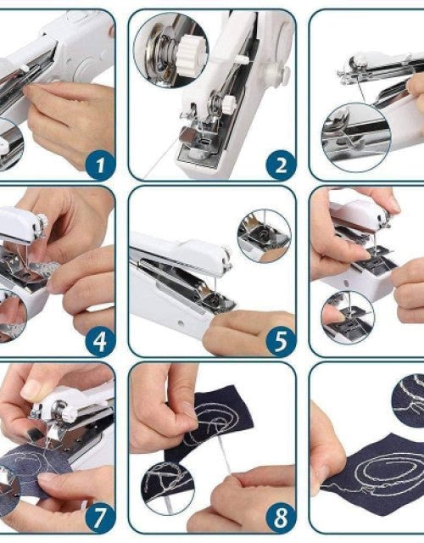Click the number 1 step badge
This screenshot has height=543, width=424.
click(x=99, y=163)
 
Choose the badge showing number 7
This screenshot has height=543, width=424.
click(x=99, y=517)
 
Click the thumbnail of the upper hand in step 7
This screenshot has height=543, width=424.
click(x=36, y=389)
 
